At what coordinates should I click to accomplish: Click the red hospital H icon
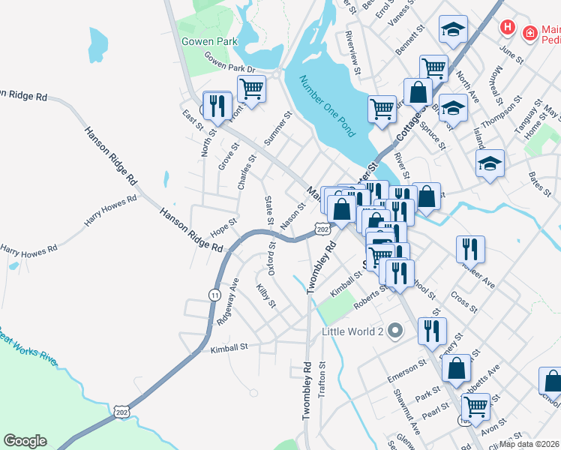point(508,28)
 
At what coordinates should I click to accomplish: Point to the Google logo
point(25,441)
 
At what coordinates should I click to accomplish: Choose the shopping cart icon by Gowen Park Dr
point(252,89)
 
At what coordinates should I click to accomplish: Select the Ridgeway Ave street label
point(226,301)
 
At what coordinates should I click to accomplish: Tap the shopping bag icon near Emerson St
point(456,368)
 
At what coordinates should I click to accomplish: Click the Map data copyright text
point(530,444)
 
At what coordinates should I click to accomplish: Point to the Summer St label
point(277,129)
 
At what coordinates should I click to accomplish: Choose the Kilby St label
point(266,296)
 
